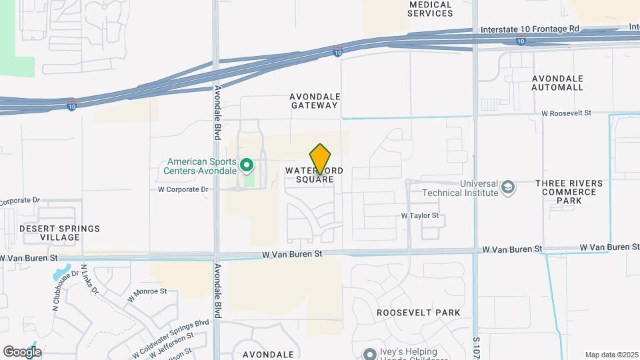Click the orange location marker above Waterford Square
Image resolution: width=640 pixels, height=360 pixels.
pos(321,159)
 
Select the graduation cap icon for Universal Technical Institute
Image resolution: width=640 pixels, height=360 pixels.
pos(508,187)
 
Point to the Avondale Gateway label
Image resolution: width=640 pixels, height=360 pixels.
pos(314,101)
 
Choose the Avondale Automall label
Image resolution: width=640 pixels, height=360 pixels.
pos(557,83)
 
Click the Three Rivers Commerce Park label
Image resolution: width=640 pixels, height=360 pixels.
pos(569,192)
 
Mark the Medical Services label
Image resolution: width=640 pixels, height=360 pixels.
pos(430,9)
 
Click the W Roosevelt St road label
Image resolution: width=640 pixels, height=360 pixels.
pos(566,113)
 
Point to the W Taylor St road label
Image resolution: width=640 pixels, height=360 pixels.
pos(419,215)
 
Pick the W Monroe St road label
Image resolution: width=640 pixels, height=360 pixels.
pos(147,291)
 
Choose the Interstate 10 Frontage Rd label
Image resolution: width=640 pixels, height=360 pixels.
pos(530,30)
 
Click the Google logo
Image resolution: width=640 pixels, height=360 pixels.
pos(22,352)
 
